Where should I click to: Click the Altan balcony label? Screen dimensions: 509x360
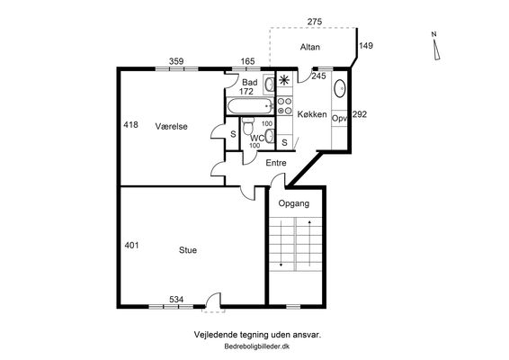(x=309, y=47)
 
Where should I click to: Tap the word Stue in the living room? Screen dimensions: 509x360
(x=188, y=250)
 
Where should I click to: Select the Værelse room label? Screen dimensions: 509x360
(x=172, y=126)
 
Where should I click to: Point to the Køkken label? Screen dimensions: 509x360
(x=312, y=114)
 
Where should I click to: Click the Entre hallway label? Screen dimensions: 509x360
(x=276, y=163)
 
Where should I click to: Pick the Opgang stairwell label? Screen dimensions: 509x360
(x=294, y=203)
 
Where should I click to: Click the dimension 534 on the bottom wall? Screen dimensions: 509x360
(x=176, y=299)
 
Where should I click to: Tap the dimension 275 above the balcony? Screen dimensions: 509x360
(x=315, y=22)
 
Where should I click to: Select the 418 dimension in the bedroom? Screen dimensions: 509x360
(x=130, y=125)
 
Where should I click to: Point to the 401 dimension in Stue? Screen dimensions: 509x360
(x=131, y=246)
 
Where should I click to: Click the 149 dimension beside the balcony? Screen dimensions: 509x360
(x=366, y=46)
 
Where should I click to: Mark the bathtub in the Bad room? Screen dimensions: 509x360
(x=250, y=106)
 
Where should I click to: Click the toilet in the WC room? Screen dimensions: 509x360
(x=249, y=126)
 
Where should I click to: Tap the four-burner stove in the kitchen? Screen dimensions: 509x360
(x=284, y=105)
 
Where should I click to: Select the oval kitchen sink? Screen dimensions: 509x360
(x=340, y=88)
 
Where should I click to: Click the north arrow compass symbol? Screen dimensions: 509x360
(x=436, y=46)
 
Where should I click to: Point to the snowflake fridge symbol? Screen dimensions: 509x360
(x=284, y=80)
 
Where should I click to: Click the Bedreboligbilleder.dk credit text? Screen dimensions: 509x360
(x=257, y=346)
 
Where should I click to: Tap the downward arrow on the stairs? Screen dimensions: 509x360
(x=281, y=244)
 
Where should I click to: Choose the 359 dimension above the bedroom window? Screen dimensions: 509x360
(x=176, y=61)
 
